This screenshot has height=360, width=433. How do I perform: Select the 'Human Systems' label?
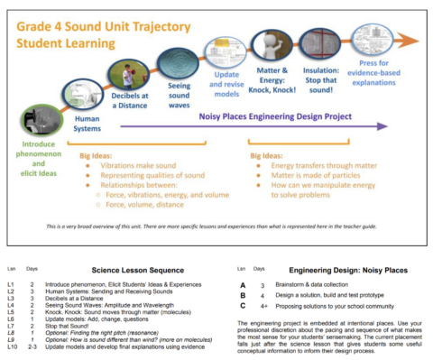pos(88,123)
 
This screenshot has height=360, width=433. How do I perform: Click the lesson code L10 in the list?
pos(12,347)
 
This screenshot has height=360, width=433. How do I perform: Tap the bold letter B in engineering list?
pos(242,295)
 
